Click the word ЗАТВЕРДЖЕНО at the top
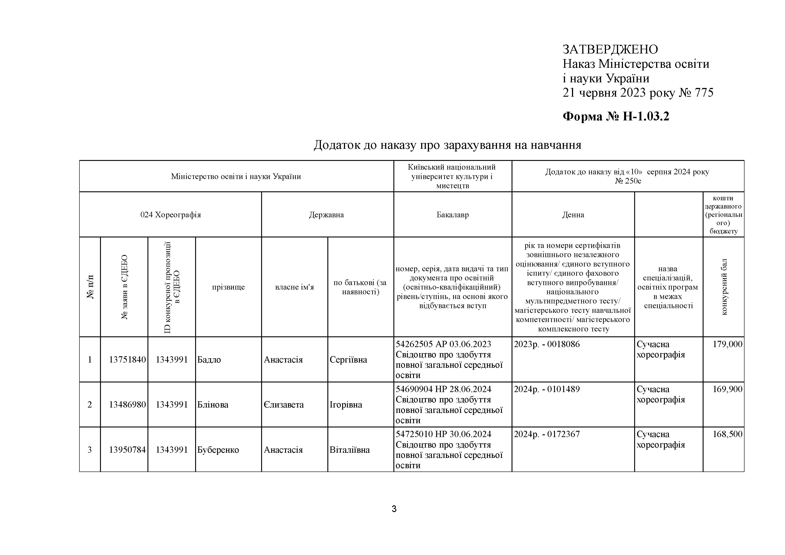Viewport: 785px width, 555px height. coord(610,50)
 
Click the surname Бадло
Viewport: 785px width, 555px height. coord(209,360)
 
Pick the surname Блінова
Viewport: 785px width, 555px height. coord(213,405)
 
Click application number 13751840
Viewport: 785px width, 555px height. coord(127,360)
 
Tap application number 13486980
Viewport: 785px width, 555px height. coord(127,405)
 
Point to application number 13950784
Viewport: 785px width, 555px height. coord(127,450)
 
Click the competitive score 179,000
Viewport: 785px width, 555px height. coord(727,344)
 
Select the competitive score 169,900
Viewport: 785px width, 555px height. coord(727,389)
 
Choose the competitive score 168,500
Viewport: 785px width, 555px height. coord(727,434)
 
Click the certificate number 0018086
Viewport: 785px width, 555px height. coord(563,344)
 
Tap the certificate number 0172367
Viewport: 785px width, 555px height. coord(563,434)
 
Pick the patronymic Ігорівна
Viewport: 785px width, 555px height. coord(346,405)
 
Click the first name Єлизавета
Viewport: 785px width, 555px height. coord(284,405)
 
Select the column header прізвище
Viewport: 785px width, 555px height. coord(228,287)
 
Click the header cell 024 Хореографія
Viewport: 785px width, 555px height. coord(171,215)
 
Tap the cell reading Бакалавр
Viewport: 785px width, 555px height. coord(452,215)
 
